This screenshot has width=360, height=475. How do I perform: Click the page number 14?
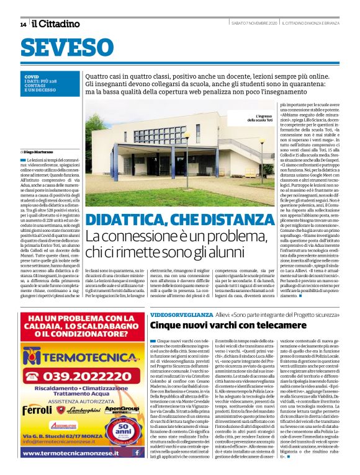coord(23,24)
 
